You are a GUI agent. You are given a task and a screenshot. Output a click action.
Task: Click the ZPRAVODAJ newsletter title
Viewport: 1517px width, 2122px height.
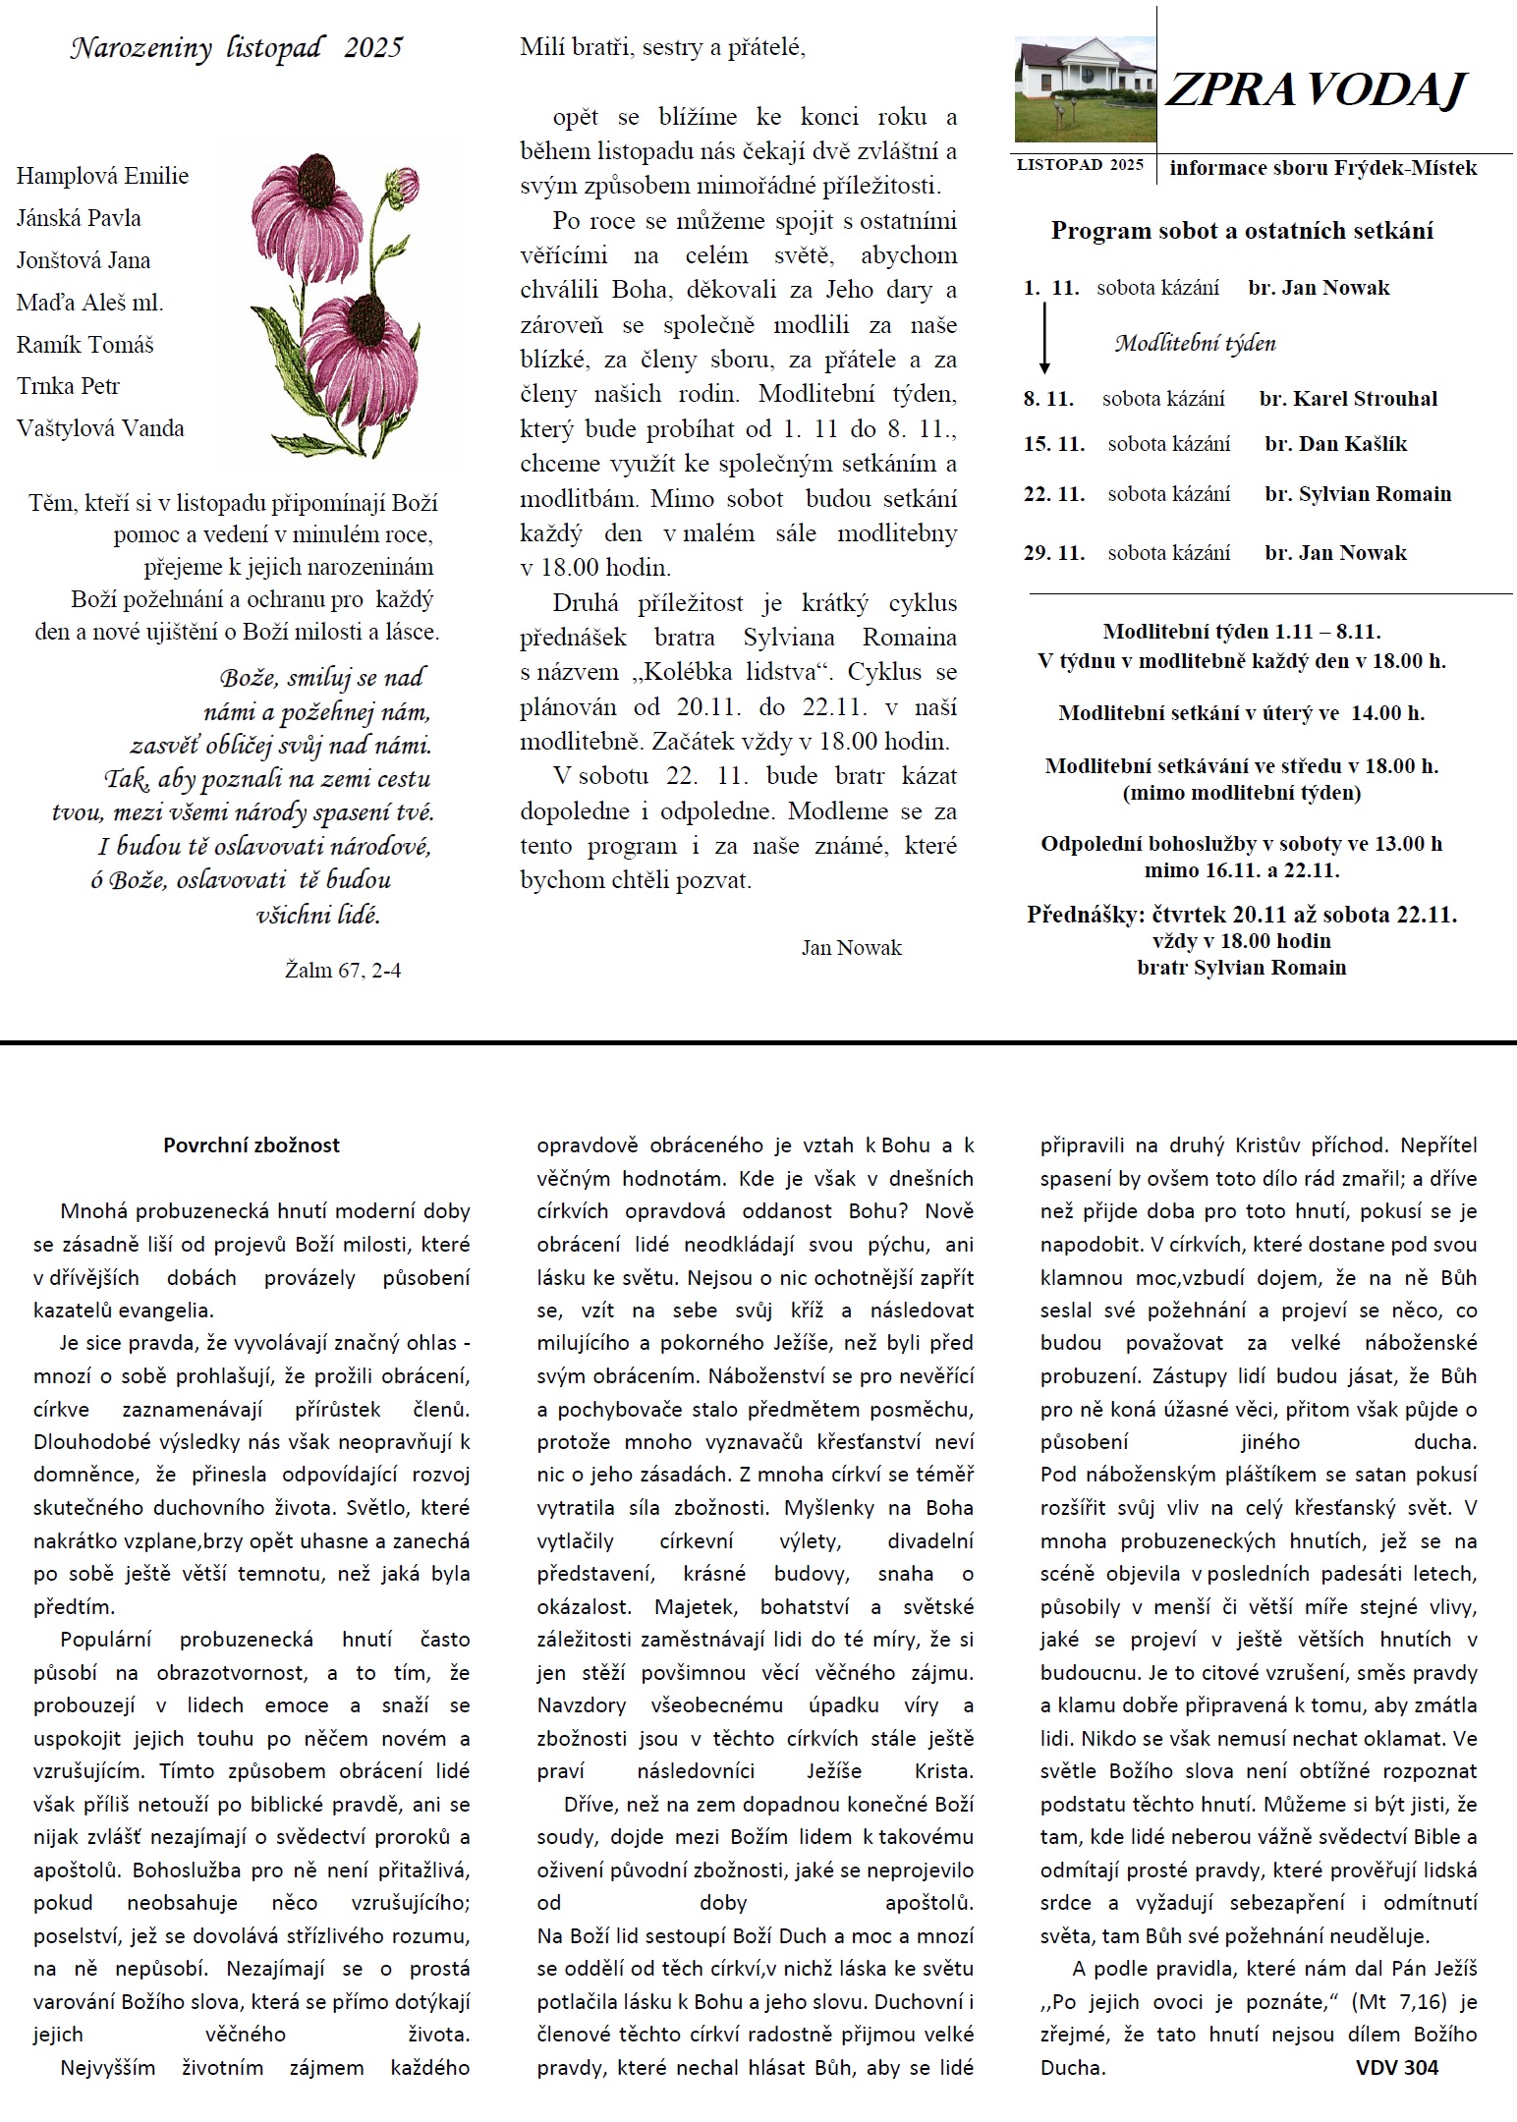[x=1315, y=90]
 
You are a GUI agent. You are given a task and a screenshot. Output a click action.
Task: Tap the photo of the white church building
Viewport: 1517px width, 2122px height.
[x=1085, y=89]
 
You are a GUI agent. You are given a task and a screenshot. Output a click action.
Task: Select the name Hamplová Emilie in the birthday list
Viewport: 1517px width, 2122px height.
[x=102, y=177]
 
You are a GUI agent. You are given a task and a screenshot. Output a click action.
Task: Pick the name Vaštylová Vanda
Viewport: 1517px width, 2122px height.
[x=100, y=428]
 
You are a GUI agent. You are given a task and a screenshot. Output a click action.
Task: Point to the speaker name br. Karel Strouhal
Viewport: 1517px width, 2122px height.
[x=1348, y=399]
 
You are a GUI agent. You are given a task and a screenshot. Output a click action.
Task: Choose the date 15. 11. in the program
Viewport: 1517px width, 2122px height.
[x=1054, y=444]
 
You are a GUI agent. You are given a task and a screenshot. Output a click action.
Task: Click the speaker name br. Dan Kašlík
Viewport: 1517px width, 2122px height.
[x=1335, y=444]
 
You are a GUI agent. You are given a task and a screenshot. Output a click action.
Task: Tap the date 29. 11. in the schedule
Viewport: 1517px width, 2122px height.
[x=1054, y=553]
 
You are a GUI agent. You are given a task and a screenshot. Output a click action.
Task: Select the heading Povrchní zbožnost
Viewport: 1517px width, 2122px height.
[x=252, y=1145]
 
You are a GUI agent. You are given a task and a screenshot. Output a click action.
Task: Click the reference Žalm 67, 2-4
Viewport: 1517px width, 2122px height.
[x=343, y=971]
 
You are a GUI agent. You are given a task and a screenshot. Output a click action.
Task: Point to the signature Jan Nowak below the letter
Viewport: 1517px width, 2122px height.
[x=851, y=948]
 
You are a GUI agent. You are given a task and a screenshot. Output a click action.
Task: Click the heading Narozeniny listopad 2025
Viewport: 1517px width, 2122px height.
[x=236, y=49]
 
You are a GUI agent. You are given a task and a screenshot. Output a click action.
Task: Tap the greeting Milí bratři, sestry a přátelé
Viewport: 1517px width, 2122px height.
[x=663, y=47]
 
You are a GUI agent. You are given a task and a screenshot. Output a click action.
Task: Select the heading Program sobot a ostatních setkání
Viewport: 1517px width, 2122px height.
[x=1242, y=231]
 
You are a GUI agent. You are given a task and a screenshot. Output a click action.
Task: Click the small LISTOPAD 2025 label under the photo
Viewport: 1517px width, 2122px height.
[x=1080, y=165]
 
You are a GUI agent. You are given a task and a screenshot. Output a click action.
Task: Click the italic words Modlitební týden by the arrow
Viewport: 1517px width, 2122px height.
[x=1195, y=344]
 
